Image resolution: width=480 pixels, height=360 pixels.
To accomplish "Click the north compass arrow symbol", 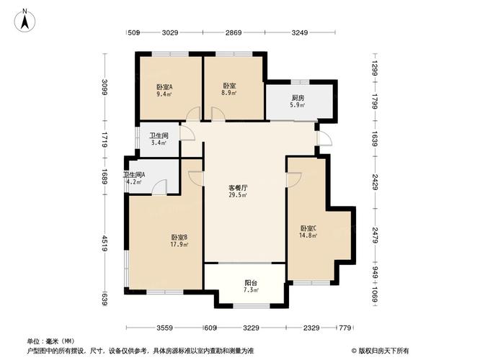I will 25,19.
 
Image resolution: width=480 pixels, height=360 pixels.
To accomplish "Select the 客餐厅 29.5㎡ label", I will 239,191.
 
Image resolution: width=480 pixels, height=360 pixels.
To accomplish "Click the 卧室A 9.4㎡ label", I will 164,90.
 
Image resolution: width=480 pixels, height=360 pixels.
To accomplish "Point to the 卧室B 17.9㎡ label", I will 180,240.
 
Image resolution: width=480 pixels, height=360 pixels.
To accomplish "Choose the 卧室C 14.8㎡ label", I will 308,233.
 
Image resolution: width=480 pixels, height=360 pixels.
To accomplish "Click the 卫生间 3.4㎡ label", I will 159,139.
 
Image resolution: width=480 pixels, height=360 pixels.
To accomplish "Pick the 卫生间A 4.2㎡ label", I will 134,178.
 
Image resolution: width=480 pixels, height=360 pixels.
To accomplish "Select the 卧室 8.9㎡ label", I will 230,90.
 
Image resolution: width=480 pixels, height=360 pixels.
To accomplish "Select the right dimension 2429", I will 375,187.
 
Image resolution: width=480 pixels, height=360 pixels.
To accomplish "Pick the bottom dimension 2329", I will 311,328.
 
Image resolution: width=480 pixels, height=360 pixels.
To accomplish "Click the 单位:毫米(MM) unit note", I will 50,341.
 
